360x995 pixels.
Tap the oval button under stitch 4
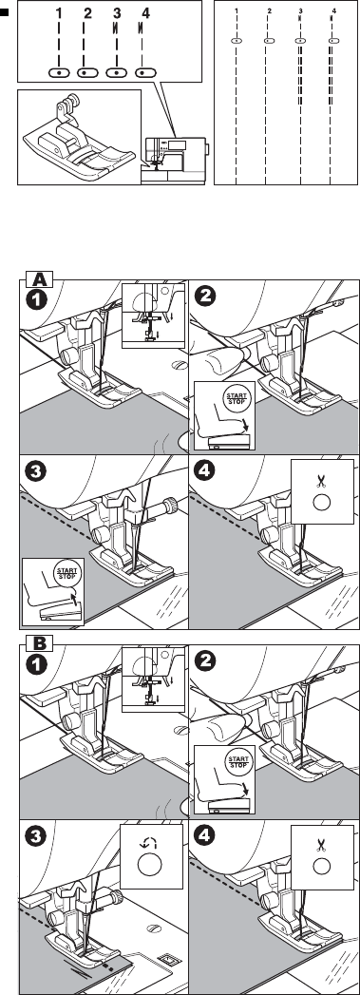click(145, 73)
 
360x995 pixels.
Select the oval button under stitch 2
click(87, 73)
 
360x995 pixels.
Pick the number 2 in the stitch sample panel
click(270, 11)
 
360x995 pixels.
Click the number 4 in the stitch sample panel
click(334, 11)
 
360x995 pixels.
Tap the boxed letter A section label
click(39, 280)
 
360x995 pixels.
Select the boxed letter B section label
click(39, 644)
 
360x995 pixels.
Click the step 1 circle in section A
click(38, 299)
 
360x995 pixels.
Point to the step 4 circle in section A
click(207, 471)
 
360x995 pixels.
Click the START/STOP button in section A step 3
click(66, 574)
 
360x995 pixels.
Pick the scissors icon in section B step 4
click(322, 845)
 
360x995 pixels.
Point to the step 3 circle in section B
click(38, 837)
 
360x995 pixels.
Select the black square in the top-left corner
click(4, 10)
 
